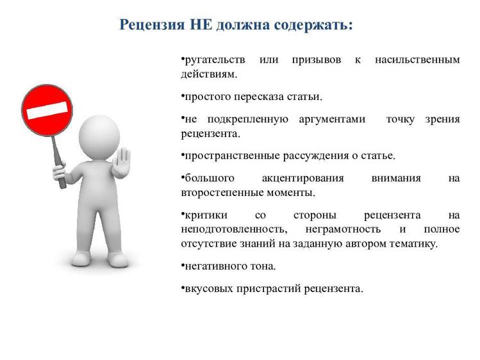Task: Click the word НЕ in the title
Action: point(201,25)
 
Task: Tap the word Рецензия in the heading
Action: point(152,25)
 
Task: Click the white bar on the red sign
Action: point(47,110)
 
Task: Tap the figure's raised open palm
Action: point(121,163)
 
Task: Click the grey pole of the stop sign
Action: point(58,162)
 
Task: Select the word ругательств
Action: point(215,60)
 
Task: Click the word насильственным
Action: point(417,60)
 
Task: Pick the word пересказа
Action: point(259,97)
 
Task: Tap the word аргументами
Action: point(332,119)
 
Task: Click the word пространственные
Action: point(232,156)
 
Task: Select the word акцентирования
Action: point(303,179)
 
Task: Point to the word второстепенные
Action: point(222,193)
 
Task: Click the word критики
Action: point(206,215)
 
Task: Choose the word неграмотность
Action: point(343,229)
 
